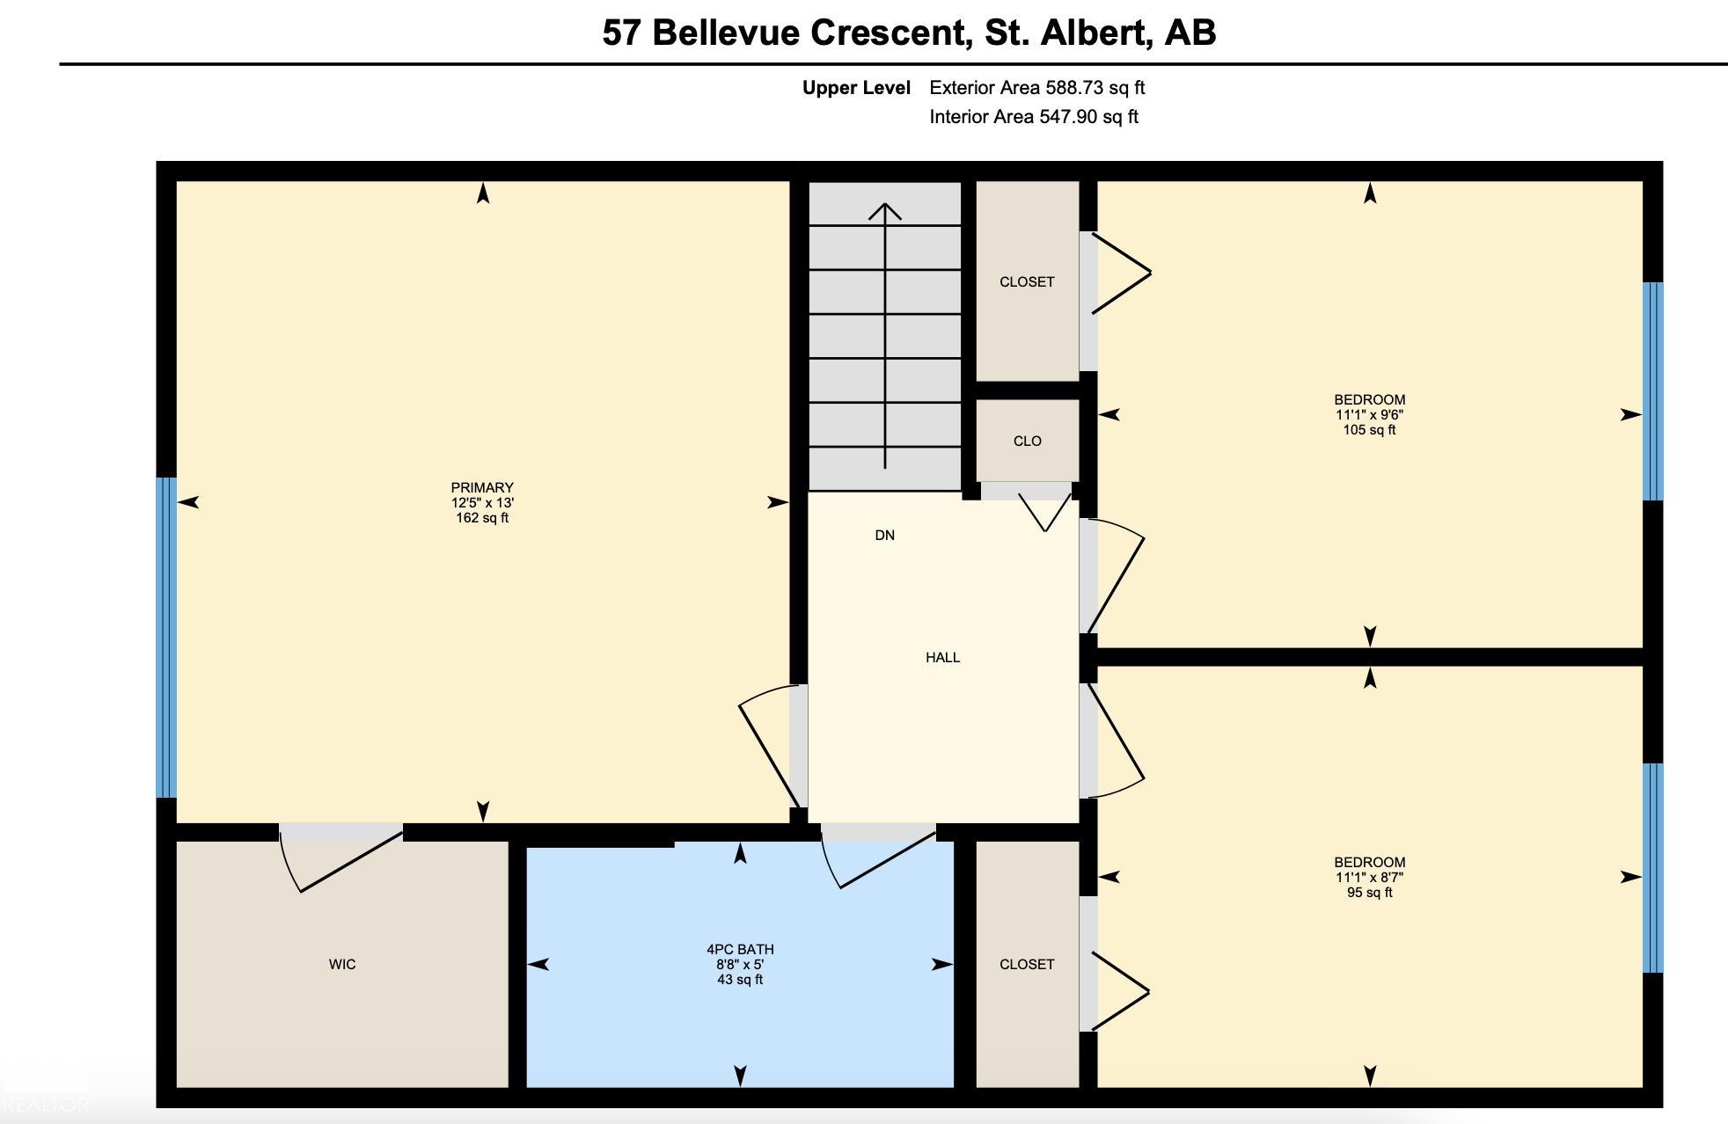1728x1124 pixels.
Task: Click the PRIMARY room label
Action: click(482, 487)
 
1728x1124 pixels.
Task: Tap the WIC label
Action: click(342, 965)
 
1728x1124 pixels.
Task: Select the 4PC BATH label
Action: click(740, 950)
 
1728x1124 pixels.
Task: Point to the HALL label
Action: click(942, 658)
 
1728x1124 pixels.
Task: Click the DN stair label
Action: click(884, 536)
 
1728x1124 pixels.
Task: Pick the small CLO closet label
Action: click(1027, 442)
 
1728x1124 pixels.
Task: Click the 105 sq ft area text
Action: click(1369, 430)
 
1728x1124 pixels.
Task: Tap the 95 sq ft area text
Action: click(1369, 893)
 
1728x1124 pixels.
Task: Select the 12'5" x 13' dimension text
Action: click(482, 503)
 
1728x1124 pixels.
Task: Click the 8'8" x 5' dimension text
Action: click(740, 965)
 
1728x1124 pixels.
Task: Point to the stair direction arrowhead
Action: click(885, 212)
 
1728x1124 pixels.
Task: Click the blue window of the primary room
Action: click(166, 638)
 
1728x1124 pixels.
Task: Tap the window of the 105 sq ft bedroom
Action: click(1653, 391)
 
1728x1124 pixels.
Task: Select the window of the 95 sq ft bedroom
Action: click(1653, 868)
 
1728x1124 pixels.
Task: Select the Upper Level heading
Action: click(856, 88)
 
